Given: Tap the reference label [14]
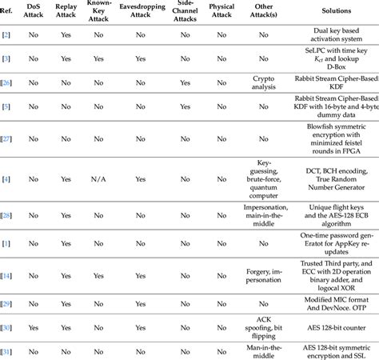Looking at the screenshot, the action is click(6, 275).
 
